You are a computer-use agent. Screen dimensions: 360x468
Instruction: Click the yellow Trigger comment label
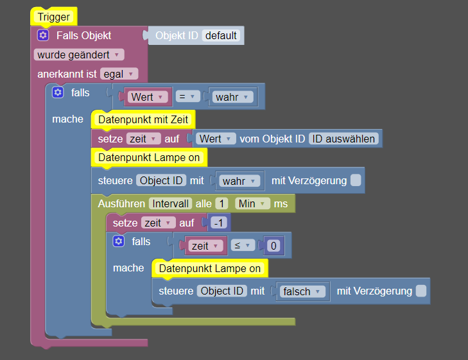pyautogui.click(x=53, y=17)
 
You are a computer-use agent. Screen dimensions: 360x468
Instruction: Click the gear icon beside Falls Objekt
pyautogui.click(x=43, y=35)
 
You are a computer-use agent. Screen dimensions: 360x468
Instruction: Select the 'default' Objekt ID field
pyautogui.click(x=221, y=35)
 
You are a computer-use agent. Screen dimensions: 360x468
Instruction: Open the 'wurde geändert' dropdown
pyautogui.click(x=80, y=55)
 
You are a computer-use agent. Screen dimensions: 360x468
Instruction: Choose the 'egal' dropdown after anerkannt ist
pyautogui.click(x=119, y=74)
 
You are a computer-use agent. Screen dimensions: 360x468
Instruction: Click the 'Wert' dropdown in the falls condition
pyautogui.click(x=148, y=97)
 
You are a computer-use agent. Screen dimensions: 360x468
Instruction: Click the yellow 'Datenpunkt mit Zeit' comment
pyautogui.click(x=143, y=119)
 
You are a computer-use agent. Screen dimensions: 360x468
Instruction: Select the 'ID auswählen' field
pyautogui.click(x=343, y=139)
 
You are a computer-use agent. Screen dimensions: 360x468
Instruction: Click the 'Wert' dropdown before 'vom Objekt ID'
pyautogui.click(x=214, y=139)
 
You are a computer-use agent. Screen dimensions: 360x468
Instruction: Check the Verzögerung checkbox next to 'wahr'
pyautogui.click(x=356, y=181)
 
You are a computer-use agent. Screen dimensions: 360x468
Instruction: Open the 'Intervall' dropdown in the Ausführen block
pyautogui.click(x=170, y=203)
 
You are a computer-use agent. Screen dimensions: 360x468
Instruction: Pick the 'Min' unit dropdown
pyautogui.click(x=252, y=203)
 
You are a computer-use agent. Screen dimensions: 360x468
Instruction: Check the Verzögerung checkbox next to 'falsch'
pyautogui.click(x=420, y=291)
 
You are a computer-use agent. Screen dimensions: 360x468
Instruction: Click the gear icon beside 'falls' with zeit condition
pyautogui.click(x=118, y=241)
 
